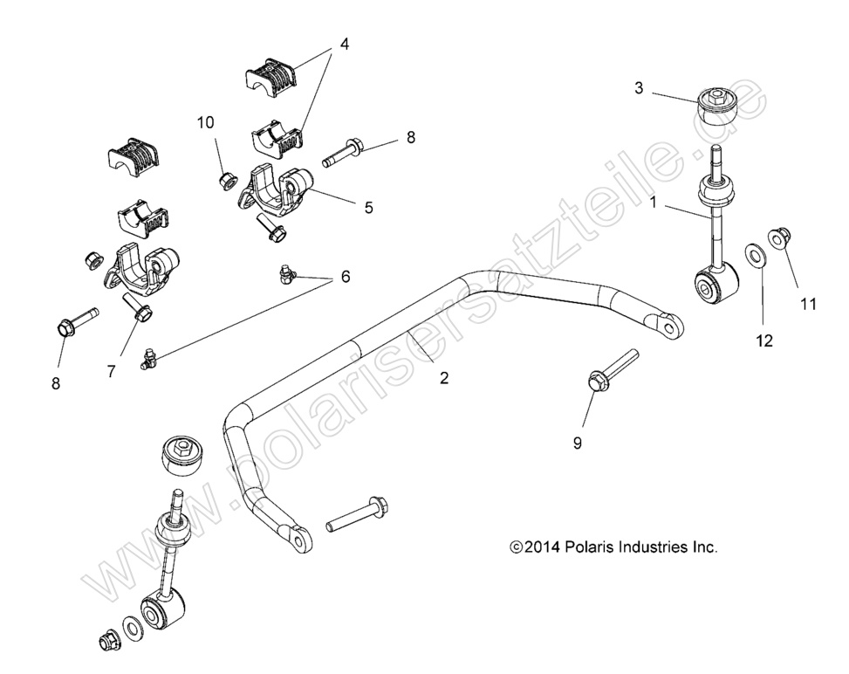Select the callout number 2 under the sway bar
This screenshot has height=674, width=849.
(x=444, y=378)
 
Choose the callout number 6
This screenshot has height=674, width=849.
(x=346, y=277)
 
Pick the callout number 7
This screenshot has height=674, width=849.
(x=111, y=371)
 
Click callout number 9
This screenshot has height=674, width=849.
(x=577, y=443)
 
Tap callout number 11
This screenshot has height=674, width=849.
(x=808, y=304)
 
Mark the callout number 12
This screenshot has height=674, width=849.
(x=764, y=341)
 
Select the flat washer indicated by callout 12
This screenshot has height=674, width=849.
(x=753, y=256)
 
